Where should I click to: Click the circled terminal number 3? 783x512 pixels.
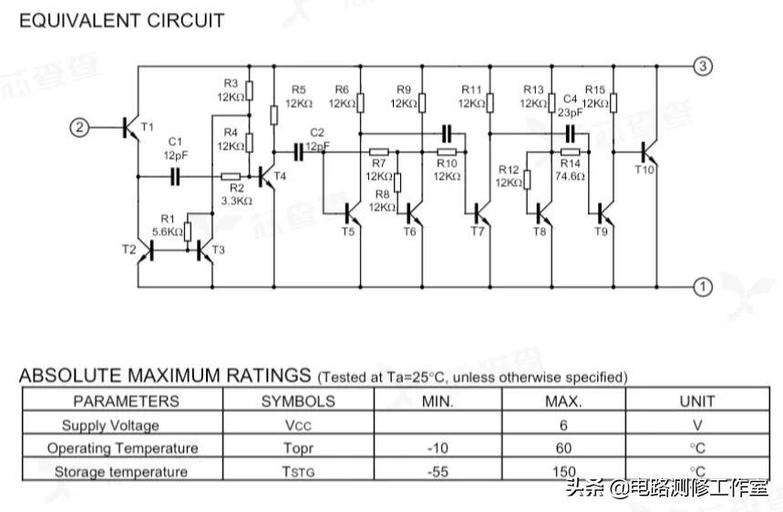703,66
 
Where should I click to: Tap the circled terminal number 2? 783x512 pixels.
80,128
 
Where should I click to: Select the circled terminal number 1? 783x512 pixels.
703,287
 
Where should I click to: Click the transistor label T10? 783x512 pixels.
644,169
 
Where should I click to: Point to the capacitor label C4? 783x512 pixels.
571,98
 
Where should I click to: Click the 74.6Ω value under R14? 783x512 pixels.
570,177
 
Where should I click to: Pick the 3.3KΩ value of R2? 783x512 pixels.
236,200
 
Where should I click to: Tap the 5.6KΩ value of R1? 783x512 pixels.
168,232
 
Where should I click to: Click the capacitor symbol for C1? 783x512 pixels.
175,176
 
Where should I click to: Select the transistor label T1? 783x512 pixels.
148,126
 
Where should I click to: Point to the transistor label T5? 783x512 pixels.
348,232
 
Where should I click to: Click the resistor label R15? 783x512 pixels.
595,89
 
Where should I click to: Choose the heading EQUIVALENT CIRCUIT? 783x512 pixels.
121,20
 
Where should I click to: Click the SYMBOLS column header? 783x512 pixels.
298,401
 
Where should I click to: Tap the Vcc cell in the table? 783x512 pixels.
298,425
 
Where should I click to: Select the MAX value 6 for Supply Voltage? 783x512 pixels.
563,425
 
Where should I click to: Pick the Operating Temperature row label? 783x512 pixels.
122,448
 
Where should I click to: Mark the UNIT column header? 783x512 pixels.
697,401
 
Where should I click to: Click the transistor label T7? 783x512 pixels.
478,232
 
